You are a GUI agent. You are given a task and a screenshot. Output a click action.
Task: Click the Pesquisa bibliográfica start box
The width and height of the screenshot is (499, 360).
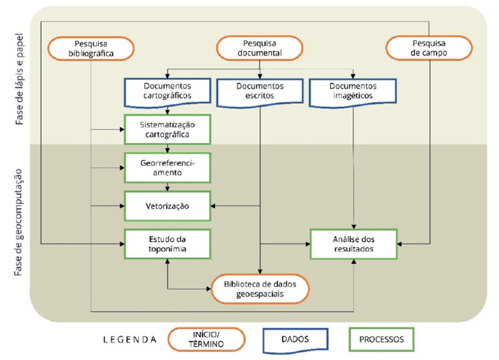(91, 49)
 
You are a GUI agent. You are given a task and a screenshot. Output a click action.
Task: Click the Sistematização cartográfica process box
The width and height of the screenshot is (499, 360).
(167, 129)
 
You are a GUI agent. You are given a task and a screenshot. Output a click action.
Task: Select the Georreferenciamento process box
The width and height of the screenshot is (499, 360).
(167, 167)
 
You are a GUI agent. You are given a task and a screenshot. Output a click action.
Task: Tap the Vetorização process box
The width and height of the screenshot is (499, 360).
(167, 206)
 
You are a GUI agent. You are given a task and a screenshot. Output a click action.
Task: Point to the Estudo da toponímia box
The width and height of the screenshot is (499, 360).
(167, 244)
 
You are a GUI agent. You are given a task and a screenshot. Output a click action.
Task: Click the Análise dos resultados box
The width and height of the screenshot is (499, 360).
(353, 244)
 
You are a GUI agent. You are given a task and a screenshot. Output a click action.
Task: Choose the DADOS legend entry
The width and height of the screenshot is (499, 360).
(296, 340)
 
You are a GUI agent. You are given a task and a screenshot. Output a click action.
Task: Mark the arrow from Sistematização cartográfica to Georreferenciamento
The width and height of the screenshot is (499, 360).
(167, 148)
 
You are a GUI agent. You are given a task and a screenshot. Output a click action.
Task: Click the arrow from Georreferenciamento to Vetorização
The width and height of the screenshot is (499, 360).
(167, 187)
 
